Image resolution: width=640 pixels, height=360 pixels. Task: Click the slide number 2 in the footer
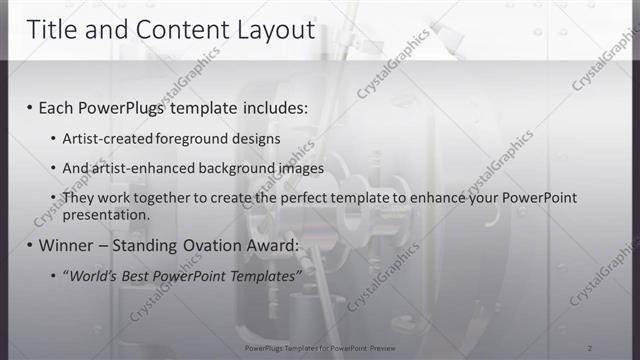coord(590,347)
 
